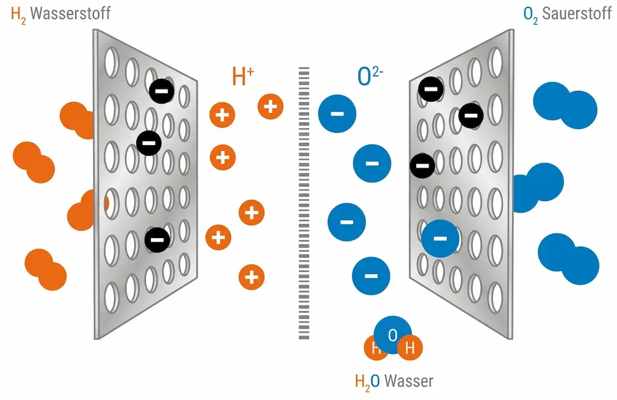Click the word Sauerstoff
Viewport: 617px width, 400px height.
576,13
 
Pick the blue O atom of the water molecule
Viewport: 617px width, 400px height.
393,335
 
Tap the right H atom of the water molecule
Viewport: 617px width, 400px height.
409,348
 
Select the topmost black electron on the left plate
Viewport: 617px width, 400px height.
162,90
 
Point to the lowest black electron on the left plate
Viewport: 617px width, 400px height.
157,240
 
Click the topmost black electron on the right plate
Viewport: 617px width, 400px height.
431,89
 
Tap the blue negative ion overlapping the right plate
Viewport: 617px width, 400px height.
440,239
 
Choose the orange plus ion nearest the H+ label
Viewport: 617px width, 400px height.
270,106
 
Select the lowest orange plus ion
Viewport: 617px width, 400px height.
252,277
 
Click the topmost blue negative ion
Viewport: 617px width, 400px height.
337,114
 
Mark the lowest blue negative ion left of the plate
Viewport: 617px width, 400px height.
370,276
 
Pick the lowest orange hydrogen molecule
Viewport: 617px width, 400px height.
45,269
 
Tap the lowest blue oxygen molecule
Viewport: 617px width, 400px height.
568,259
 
